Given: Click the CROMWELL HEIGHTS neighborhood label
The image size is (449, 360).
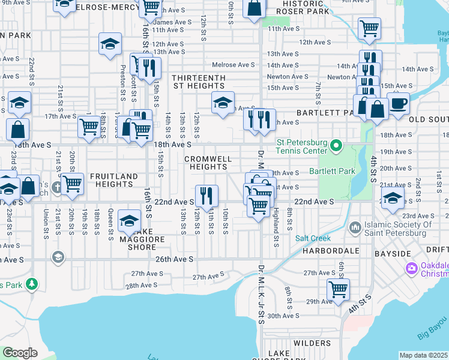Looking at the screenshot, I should click(x=208, y=163).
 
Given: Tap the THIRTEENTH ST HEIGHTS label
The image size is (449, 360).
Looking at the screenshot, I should click(x=198, y=82).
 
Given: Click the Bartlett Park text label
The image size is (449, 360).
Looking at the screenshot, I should click(x=332, y=171).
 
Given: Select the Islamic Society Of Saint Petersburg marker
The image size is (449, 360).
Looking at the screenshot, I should click(x=355, y=228).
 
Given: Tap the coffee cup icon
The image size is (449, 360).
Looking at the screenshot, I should click(x=398, y=103).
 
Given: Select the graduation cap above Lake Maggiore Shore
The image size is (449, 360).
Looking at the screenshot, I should click(x=129, y=220).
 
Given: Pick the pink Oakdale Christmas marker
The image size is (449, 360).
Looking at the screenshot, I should click(x=411, y=268).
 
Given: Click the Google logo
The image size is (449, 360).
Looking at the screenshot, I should click(x=20, y=353).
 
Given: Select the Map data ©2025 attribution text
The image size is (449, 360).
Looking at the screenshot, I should click(x=423, y=355).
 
